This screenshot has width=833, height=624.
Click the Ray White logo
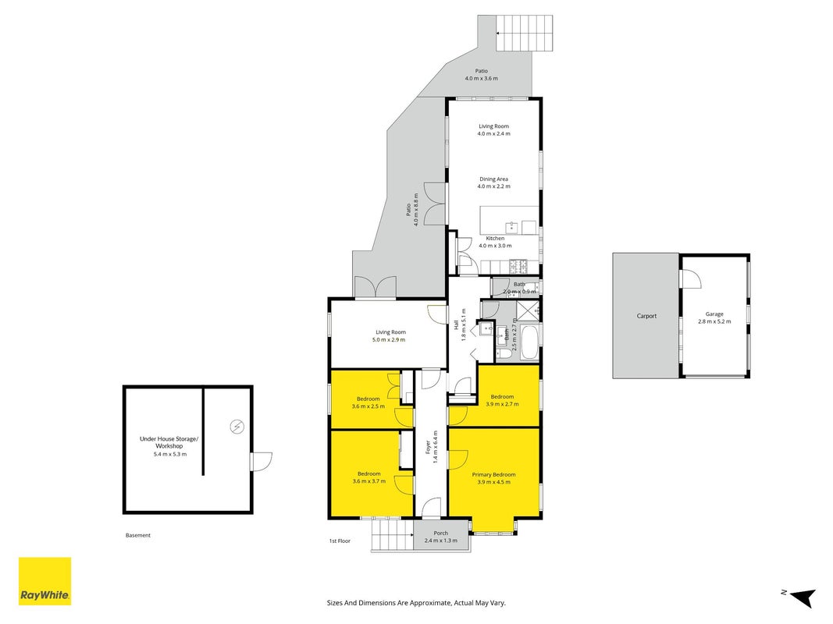[44, 581]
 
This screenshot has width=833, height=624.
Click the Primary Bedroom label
[493, 475]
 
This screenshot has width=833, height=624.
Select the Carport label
[646, 316]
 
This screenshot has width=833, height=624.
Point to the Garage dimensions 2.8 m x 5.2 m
[714, 321]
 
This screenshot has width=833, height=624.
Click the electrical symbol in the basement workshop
[237, 427]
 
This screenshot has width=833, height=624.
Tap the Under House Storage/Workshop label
[169, 442]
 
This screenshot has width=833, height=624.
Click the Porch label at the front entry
[440, 534]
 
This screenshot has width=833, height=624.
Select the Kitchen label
[495, 239]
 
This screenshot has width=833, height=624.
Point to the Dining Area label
[493, 179]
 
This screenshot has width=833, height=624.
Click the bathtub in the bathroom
[530, 342]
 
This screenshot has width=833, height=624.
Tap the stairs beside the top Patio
[525, 33]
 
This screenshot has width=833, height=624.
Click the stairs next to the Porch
[392, 535]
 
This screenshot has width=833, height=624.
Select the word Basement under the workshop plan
[138, 535]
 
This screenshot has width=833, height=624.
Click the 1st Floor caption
[340, 541]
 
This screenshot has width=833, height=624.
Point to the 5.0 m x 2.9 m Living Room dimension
[390, 339]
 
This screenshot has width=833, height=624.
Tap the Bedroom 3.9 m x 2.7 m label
[502, 400]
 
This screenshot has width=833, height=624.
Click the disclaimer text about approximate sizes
[416, 603]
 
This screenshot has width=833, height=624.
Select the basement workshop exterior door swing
[260, 461]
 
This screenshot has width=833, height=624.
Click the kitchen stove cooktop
[518, 266]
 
